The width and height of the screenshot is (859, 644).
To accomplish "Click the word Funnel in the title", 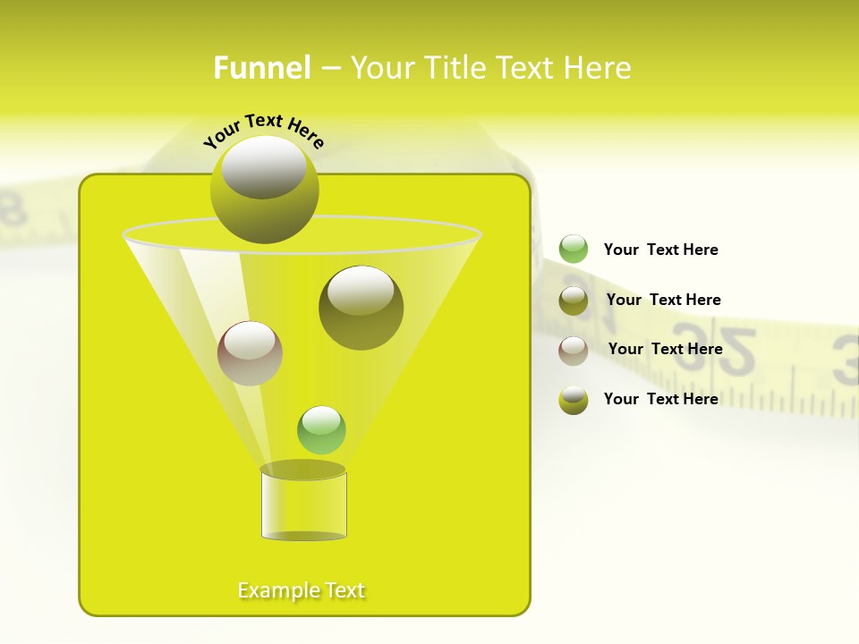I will tap(262, 68).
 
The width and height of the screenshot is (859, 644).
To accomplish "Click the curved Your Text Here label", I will tap(263, 131).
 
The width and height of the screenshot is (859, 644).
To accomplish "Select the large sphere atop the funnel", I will tap(264, 190).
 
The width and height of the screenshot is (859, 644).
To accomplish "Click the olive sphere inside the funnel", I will tap(361, 308).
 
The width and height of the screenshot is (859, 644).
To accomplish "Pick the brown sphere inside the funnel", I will tap(250, 353).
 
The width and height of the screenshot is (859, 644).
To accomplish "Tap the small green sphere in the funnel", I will tap(321, 430).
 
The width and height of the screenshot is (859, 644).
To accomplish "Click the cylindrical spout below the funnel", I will tap(303, 505).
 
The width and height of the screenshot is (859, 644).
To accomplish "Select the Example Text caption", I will tap(302, 590).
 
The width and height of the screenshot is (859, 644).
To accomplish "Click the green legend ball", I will tap(574, 249).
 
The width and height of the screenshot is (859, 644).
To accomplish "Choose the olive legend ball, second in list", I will tap(574, 301).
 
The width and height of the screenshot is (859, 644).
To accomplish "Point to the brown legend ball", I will tap(574, 351).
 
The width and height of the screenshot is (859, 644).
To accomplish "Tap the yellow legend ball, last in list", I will tap(574, 400).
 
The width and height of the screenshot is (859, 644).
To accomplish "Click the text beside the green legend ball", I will tap(660, 250).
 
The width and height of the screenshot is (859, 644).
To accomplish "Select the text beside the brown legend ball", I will tap(665, 349).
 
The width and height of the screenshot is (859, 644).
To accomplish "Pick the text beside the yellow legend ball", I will tap(660, 399).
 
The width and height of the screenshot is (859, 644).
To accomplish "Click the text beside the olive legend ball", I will tap(663, 300).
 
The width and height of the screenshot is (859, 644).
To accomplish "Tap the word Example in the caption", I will tap(276, 590).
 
